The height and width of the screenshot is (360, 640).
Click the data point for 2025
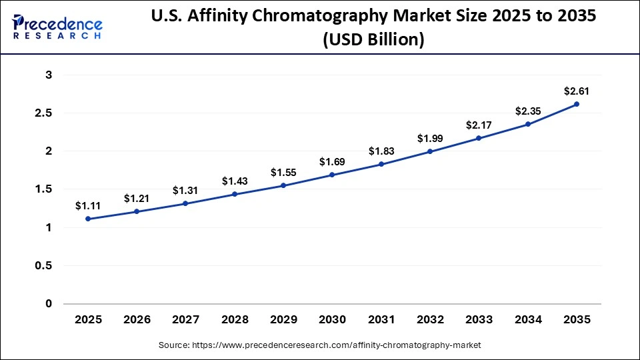point(88,219)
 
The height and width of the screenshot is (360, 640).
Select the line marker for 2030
point(332,175)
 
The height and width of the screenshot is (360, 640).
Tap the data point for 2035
point(576,104)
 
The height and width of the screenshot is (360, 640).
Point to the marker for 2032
point(430,151)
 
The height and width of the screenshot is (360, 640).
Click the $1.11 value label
point(88,205)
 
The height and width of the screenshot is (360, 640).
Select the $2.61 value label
point(576,91)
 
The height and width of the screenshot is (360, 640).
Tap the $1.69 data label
point(332,161)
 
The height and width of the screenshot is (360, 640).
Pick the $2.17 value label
point(479,125)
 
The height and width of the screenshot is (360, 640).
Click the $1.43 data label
point(235,181)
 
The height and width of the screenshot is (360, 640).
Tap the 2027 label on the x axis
point(185,320)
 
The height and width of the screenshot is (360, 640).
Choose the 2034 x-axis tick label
point(527,320)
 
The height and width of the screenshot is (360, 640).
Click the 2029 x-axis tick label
point(283,320)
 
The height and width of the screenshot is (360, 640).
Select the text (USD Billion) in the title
point(373,40)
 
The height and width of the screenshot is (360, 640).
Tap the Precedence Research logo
point(57,27)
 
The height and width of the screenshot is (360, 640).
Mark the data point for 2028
point(235,194)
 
